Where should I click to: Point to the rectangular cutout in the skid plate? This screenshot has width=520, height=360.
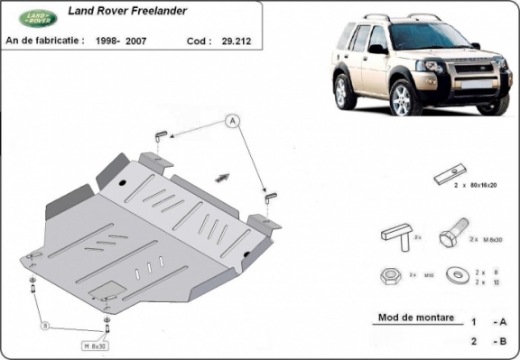106,291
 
